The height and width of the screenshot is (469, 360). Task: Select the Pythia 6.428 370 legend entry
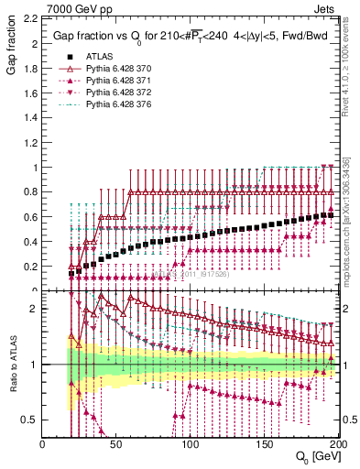click(113, 68)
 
